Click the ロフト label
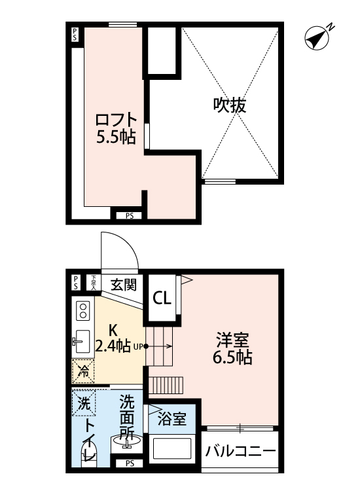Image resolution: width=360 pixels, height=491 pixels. pyautogui.click(x=116, y=120)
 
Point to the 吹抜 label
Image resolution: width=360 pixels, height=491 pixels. pyautogui.click(x=229, y=105)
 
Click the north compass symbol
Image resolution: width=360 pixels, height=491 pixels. pyautogui.click(x=317, y=38)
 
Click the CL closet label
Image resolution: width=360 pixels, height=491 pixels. pyautogui.click(x=162, y=298)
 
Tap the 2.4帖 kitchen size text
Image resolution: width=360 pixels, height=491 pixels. pyautogui.click(x=113, y=346)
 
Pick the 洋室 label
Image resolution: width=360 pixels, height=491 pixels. pyautogui.click(x=232, y=340)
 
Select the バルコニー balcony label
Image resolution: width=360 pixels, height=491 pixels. pyautogui.click(x=239, y=451)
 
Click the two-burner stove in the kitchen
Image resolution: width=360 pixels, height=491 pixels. pyautogui.click(x=83, y=311)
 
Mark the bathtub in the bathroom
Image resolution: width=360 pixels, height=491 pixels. pyautogui.click(x=172, y=451)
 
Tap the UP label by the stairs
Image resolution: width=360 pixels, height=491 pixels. pyautogui.click(x=138, y=347)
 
